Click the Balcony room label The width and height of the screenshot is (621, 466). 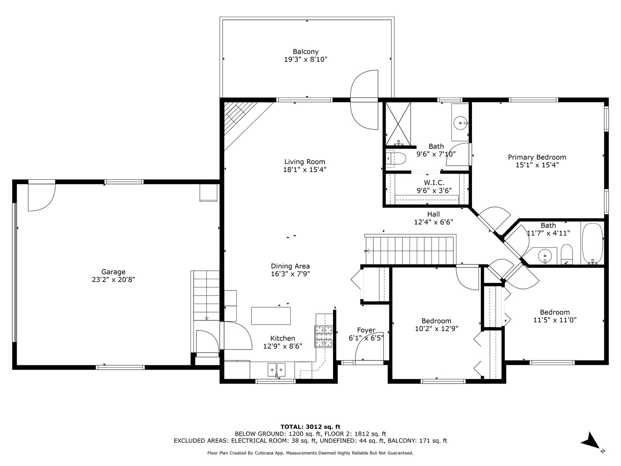point(305,52)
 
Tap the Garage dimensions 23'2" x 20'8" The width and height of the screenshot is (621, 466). point(113,280)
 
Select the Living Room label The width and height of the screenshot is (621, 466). point(305,162)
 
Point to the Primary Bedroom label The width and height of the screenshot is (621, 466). point(537,157)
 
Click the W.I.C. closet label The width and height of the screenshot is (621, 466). point(434,183)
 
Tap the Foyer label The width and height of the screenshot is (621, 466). point(366,330)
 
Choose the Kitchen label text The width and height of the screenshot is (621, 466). point(283,338)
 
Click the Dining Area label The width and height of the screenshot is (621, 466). point(290,266)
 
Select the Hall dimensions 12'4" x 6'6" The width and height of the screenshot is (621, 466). point(434,222)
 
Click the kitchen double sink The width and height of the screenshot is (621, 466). point(276,370)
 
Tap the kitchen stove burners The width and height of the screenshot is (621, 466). point(324,336)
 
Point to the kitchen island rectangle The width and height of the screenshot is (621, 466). point(271,316)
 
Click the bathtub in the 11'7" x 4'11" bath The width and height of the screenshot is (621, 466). point(592,244)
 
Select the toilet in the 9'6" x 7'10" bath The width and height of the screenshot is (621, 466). point(396,158)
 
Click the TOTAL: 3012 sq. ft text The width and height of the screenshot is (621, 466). point(310,427)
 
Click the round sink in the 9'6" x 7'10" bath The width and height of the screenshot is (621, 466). point(460,123)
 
